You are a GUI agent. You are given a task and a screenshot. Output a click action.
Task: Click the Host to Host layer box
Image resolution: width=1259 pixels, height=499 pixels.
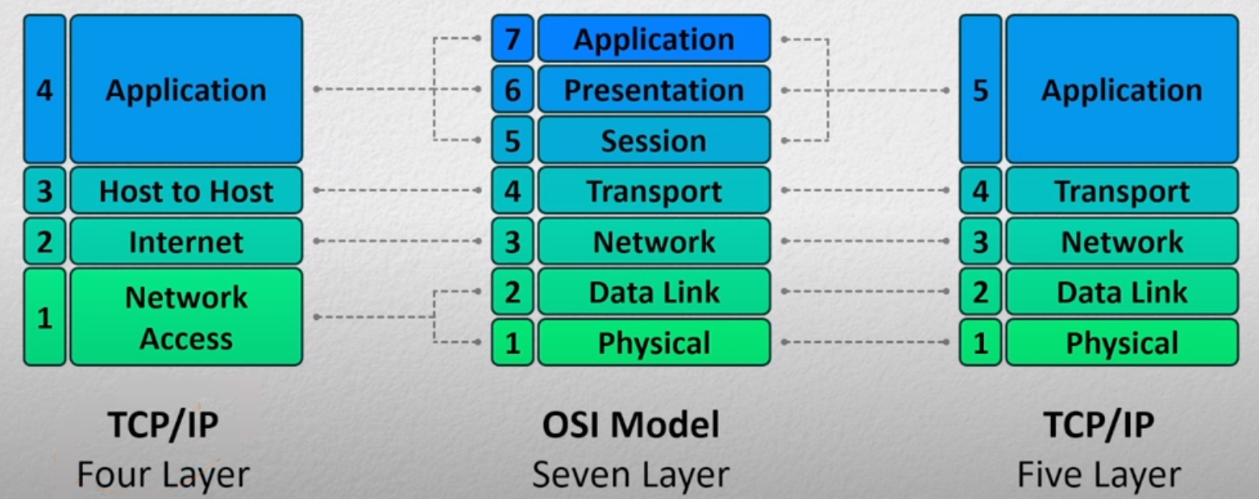pos(186,190)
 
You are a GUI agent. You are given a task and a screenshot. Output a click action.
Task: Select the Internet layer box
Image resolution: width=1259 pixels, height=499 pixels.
pos(186,241)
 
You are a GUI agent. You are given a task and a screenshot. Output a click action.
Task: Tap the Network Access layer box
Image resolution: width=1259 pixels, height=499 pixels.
pos(186,317)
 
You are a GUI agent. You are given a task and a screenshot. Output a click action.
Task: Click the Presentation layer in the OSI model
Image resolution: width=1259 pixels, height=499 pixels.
pos(654,89)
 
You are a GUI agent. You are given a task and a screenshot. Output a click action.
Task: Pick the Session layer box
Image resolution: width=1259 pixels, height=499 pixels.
pos(654,140)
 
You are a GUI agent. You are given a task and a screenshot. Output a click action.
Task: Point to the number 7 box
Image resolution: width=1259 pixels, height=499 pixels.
pos(513,38)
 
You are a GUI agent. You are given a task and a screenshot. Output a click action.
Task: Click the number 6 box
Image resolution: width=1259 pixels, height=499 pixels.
pos(513,89)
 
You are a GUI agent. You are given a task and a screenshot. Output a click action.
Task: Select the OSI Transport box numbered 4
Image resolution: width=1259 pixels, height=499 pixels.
pos(654,190)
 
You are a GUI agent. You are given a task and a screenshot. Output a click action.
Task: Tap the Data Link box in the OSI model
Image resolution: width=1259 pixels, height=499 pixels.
pos(654,292)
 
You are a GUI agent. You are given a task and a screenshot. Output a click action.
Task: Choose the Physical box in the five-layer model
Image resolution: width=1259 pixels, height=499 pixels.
pos(1123,343)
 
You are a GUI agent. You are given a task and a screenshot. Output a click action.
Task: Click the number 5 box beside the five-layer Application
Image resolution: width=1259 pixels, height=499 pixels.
pos(981,89)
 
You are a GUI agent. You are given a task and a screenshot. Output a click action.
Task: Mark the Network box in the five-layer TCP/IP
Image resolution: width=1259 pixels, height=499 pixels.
pos(1123,241)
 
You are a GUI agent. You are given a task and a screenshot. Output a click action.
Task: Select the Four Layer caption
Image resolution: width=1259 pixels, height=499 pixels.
pos(163,475)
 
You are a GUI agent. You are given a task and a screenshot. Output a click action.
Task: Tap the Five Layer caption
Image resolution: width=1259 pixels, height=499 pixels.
pos(1099,475)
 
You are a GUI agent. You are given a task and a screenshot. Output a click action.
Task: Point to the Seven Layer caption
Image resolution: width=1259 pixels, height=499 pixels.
pos(630,475)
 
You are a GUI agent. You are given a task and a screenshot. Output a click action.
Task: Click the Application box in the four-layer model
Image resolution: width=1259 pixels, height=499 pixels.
pos(186,89)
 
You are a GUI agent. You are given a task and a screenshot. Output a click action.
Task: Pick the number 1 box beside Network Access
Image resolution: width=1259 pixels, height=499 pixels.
pos(45,317)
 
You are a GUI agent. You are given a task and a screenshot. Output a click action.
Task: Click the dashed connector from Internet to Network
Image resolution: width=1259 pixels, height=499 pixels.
pos(397,241)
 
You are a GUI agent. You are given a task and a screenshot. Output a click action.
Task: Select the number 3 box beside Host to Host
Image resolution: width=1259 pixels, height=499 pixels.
pos(45,190)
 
